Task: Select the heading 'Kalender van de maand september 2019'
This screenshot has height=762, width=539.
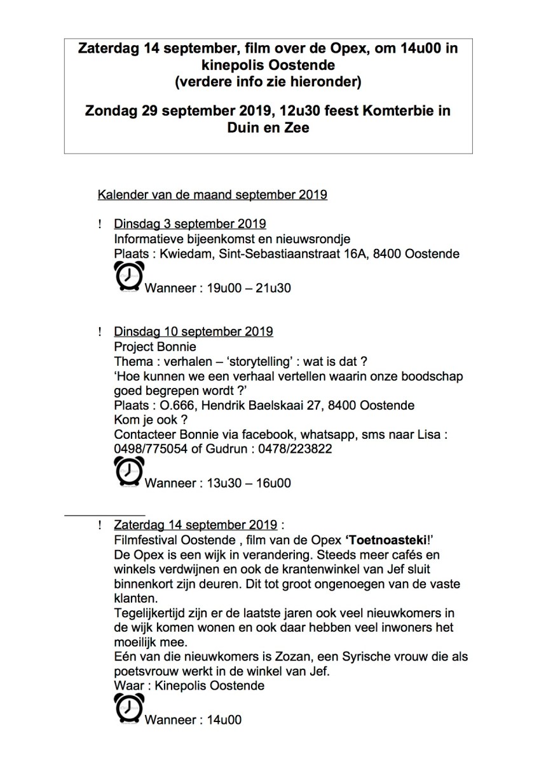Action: click(x=212, y=194)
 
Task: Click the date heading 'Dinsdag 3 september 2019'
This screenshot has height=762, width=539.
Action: click(x=189, y=224)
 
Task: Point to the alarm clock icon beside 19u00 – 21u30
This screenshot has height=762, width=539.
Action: click(x=128, y=278)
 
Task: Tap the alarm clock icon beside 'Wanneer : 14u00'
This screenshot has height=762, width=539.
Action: click(x=128, y=709)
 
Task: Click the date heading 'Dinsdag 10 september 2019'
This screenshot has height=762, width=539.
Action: click(x=193, y=331)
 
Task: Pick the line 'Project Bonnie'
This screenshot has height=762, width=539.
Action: click(x=155, y=347)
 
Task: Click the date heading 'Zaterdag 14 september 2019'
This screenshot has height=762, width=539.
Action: click(x=195, y=525)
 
